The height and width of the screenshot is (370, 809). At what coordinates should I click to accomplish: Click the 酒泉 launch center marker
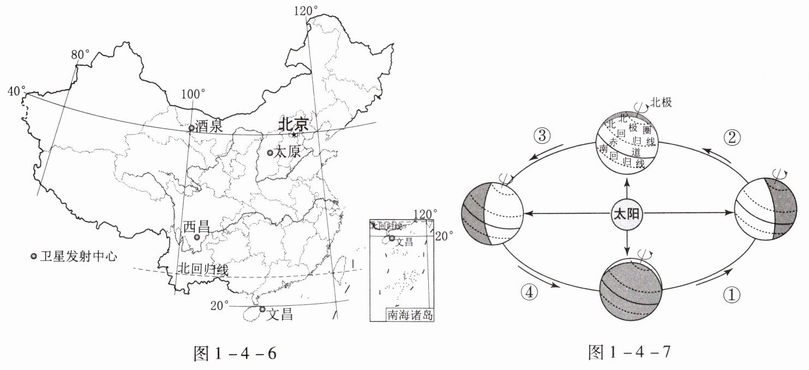click(x=192, y=128)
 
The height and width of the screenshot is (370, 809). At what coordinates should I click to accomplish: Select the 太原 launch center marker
click(x=270, y=153)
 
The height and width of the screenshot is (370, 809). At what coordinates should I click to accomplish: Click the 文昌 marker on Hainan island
click(x=263, y=309)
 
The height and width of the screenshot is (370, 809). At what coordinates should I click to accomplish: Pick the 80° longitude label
click(x=81, y=55)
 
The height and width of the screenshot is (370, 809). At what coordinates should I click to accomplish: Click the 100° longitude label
click(x=193, y=94)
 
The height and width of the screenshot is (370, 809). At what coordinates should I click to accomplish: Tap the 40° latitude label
click(x=17, y=91)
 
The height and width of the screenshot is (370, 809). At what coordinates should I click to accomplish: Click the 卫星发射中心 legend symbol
click(x=34, y=256)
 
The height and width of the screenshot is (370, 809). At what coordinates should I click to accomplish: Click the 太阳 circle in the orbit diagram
click(x=627, y=215)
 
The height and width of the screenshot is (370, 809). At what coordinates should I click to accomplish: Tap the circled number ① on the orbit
click(x=732, y=295)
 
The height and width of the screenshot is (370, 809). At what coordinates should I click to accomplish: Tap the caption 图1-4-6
click(x=235, y=354)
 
